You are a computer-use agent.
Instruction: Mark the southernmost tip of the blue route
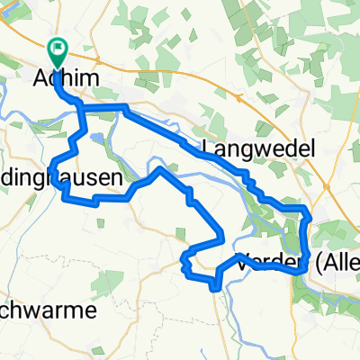click(x=214, y=288)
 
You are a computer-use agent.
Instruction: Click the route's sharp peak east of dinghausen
click(x=160, y=167)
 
